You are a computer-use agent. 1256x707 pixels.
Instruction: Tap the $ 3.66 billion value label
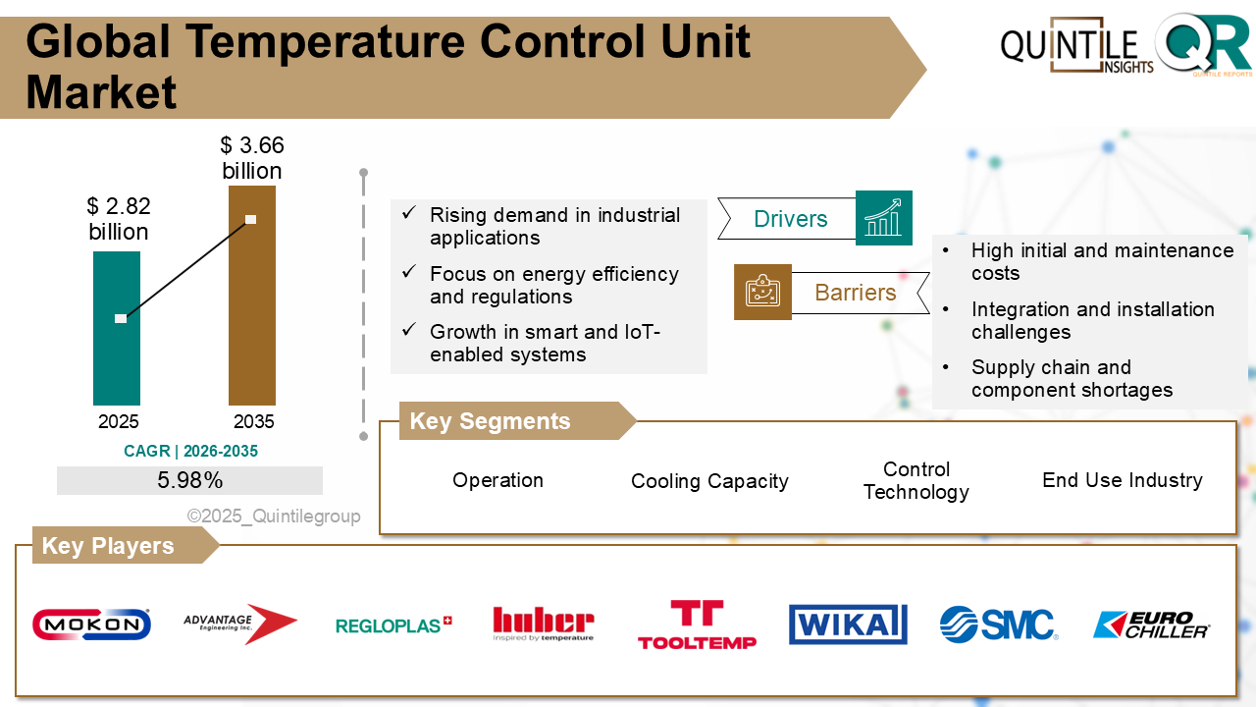coord(252,158)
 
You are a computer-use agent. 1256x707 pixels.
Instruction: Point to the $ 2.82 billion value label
coord(119,219)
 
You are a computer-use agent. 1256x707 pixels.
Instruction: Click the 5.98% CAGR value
coord(189,480)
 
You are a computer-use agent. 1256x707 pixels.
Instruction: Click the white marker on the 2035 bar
coord(250,219)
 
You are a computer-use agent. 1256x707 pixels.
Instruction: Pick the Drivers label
coord(790,219)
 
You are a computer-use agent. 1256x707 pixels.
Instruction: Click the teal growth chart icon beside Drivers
coord(883,218)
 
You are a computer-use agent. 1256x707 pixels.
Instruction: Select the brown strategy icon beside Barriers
coord(762,292)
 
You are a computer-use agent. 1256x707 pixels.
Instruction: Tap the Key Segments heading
coord(490,421)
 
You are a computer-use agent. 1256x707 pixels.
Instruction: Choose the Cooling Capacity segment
coord(709,481)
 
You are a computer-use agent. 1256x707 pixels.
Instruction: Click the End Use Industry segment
coord(1122,480)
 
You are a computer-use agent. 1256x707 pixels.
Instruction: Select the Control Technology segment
coord(916,481)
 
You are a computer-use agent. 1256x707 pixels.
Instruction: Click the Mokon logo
coord(91,625)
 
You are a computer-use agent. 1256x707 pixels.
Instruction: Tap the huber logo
coord(543,624)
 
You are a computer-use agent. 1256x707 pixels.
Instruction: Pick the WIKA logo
coord(848,625)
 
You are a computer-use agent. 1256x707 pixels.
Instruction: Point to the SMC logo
coord(998,625)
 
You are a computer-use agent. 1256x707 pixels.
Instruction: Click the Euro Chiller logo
coord(1151,625)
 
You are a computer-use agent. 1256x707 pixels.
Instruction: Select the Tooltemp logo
coord(697,625)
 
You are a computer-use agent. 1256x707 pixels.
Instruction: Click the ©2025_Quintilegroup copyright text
coord(274,516)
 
